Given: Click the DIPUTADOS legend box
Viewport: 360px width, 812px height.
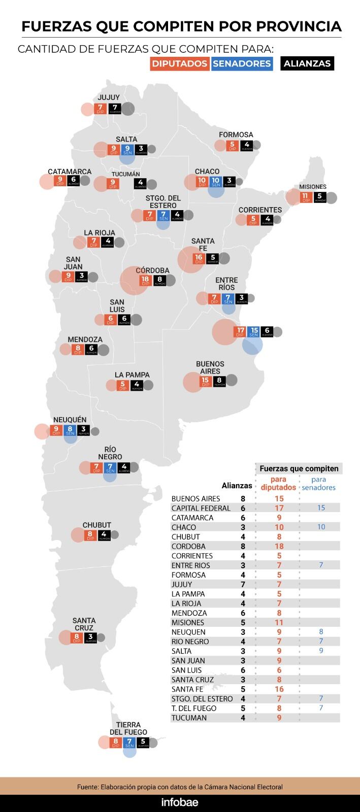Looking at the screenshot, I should click(x=180, y=63).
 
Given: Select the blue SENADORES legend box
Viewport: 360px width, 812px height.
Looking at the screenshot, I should click(x=242, y=63).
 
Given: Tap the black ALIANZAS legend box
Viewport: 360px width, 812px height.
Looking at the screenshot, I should click(x=307, y=63).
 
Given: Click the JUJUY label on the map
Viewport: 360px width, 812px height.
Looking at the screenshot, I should click(x=109, y=97).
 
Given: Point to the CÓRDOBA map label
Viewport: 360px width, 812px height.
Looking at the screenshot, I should click(x=152, y=270).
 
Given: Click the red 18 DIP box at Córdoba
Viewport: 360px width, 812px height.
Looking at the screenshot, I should click(x=146, y=281).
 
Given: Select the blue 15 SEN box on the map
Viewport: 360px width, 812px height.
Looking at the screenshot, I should click(x=254, y=332).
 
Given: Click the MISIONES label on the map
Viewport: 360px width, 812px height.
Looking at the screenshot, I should click(x=313, y=187).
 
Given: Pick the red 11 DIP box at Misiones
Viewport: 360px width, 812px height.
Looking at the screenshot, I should click(x=305, y=197).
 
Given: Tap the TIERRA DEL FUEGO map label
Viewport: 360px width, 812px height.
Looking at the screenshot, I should click(x=128, y=728).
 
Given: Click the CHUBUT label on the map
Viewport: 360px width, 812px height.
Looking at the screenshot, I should click(x=96, y=525).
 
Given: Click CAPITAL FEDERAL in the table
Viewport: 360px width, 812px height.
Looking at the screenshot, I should click(x=201, y=508).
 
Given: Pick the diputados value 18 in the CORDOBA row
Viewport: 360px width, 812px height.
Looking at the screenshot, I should click(x=279, y=546).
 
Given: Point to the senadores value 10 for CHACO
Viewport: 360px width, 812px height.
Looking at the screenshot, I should click(x=321, y=527).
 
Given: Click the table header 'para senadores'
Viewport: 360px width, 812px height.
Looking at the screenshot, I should click(x=318, y=483).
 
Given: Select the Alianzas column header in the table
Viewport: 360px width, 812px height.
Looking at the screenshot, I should click(x=237, y=486).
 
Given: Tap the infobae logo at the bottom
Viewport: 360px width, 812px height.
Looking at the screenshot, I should click(x=180, y=802).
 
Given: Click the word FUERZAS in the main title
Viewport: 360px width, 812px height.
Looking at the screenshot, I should click(x=56, y=26).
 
